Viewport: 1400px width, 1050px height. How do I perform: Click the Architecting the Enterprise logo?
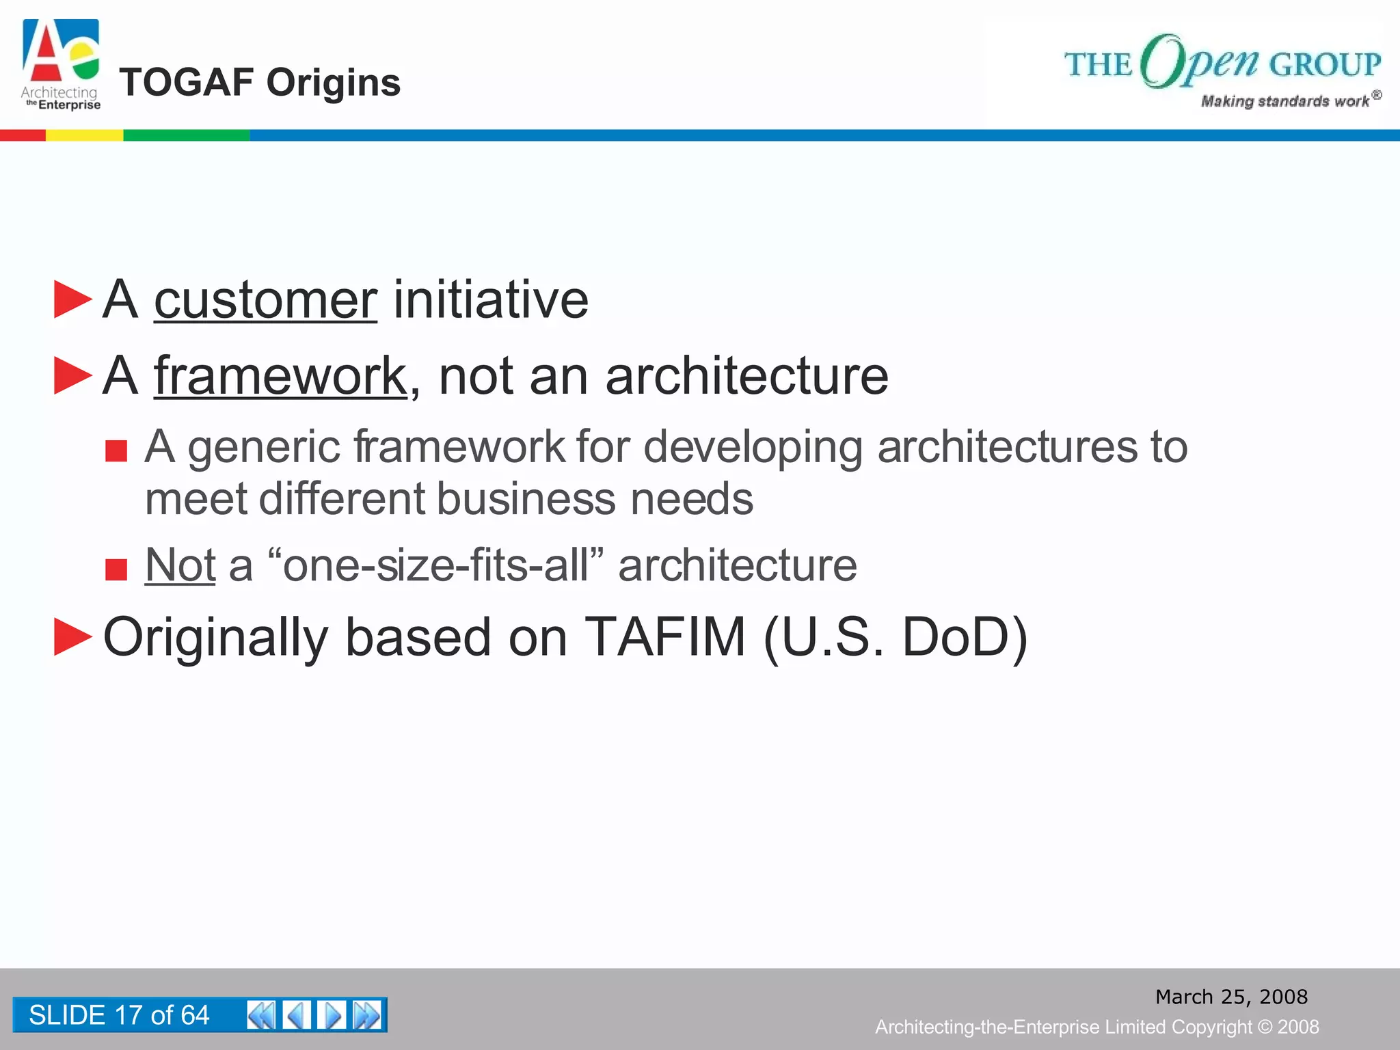(61, 65)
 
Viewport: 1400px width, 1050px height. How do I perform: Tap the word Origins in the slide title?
(333, 83)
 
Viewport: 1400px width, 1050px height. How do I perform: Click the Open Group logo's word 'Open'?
(1200, 62)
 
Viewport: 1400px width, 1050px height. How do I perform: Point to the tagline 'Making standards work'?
(1285, 101)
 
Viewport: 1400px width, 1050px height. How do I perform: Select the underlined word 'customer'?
(265, 300)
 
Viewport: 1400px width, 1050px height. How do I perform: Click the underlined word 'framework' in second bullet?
(280, 376)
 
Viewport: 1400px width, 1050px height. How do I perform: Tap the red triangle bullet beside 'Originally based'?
(72, 636)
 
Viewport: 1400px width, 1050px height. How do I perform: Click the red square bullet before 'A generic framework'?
(116, 451)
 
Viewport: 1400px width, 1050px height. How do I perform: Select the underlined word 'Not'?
(180, 565)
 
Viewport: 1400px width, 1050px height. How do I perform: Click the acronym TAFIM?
(664, 637)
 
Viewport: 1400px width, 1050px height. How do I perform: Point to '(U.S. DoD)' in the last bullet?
(896, 637)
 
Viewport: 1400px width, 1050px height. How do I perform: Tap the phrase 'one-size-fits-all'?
(435, 565)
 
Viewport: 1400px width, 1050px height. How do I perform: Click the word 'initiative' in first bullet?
(490, 300)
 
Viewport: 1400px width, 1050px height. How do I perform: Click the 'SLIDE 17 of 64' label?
(119, 1015)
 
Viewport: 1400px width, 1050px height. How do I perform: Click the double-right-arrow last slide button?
(367, 1015)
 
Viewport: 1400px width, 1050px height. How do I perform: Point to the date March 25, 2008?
(1231, 997)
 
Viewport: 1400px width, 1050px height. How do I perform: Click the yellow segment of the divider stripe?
(84, 135)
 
